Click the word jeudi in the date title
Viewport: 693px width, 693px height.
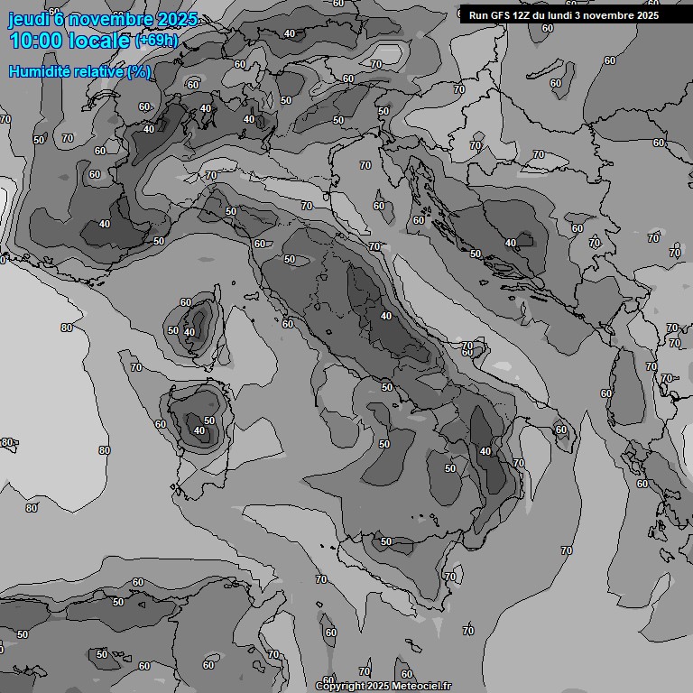29,20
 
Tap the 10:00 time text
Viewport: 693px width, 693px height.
37,41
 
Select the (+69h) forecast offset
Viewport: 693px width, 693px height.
156,41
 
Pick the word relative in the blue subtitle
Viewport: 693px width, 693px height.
97,71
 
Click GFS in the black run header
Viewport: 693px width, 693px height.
499,15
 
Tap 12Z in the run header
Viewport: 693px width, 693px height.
522,15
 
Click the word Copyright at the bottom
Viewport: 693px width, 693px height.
340,687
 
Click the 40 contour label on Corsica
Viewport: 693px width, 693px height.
189,332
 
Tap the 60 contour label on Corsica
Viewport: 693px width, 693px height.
186,303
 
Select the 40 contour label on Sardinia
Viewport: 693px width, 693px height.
199,431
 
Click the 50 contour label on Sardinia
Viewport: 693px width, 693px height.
209,420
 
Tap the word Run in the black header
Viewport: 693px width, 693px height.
478,15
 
